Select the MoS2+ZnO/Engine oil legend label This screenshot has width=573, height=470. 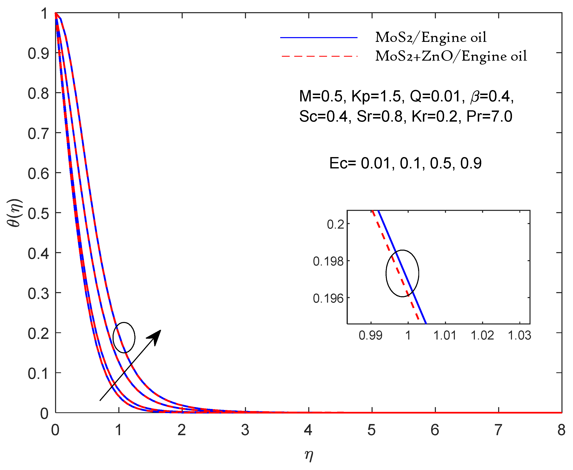[451, 56]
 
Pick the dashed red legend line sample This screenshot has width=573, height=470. [319, 56]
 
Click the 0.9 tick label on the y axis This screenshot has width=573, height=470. [38, 54]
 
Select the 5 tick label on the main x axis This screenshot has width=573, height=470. [371, 430]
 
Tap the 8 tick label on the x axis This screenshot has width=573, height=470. [561, 430]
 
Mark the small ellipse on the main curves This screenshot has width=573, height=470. [124, 338]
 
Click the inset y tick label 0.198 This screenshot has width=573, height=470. [328, 262]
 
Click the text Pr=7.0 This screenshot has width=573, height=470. [489, 117]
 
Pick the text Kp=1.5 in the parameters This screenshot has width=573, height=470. [376, 96]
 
